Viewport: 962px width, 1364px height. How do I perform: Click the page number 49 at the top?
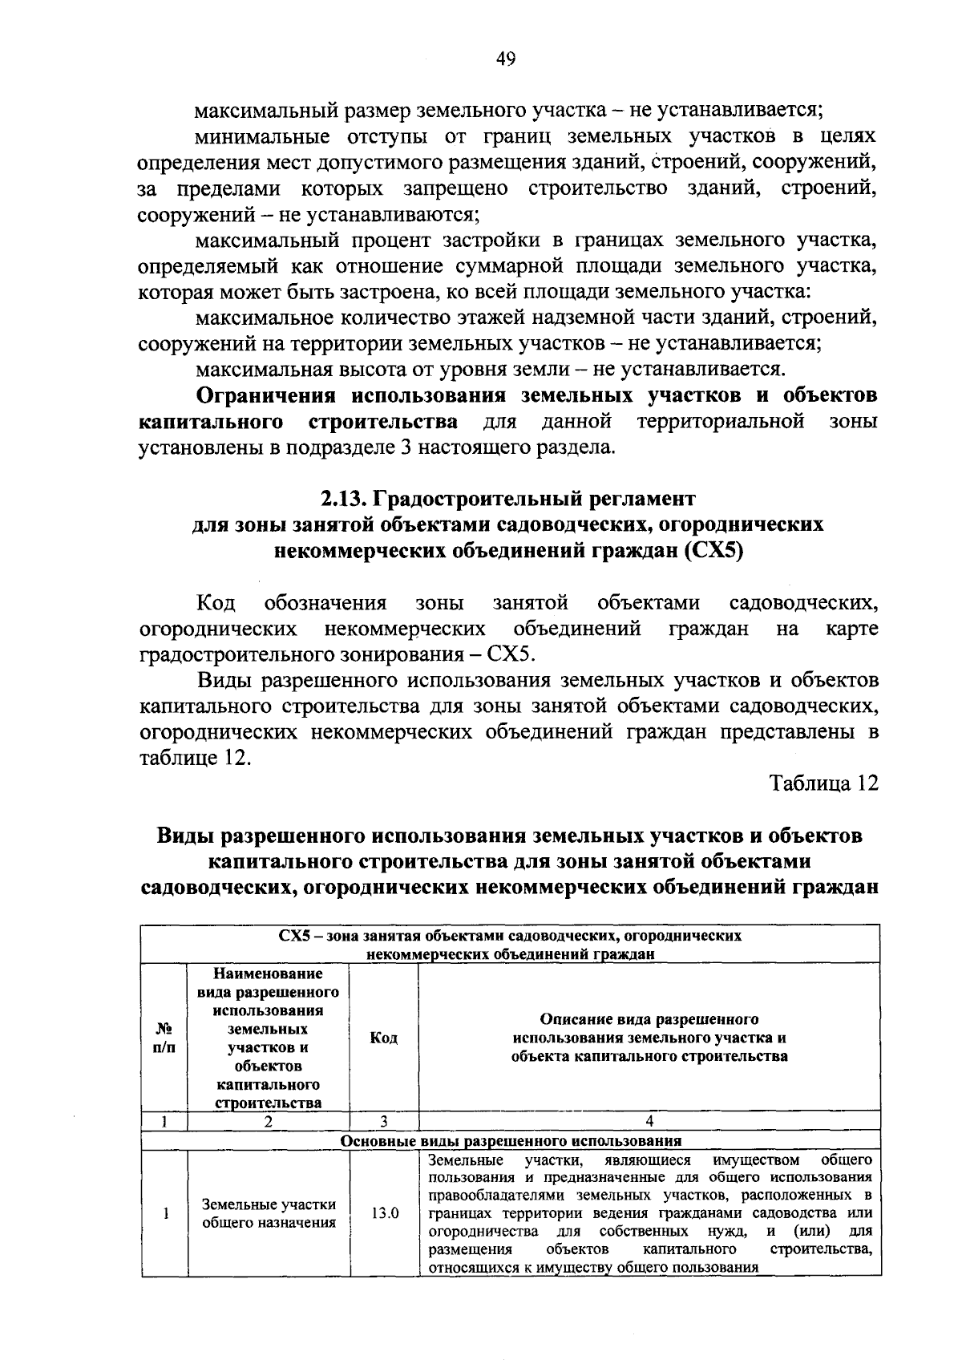coord(506,59)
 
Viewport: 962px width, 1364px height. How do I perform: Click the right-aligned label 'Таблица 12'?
coord(824,783)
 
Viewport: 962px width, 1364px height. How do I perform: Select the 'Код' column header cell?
coord(384,1038)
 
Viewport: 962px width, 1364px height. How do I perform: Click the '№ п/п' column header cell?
coord(164,1038)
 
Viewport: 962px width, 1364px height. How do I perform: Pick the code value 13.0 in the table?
coord(384,1212)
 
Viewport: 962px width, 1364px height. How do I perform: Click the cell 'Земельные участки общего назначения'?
coord(269,1213)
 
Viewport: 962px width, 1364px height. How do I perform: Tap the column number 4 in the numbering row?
coord(649,1121)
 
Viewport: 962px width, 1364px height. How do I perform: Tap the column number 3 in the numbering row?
coord(384,1121)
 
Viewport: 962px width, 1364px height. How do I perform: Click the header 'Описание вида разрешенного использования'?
coord(649,1038)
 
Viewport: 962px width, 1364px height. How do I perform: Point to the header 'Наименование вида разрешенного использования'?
coord(269,1038)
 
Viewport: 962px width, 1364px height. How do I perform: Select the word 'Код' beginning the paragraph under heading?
coord(216,602)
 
